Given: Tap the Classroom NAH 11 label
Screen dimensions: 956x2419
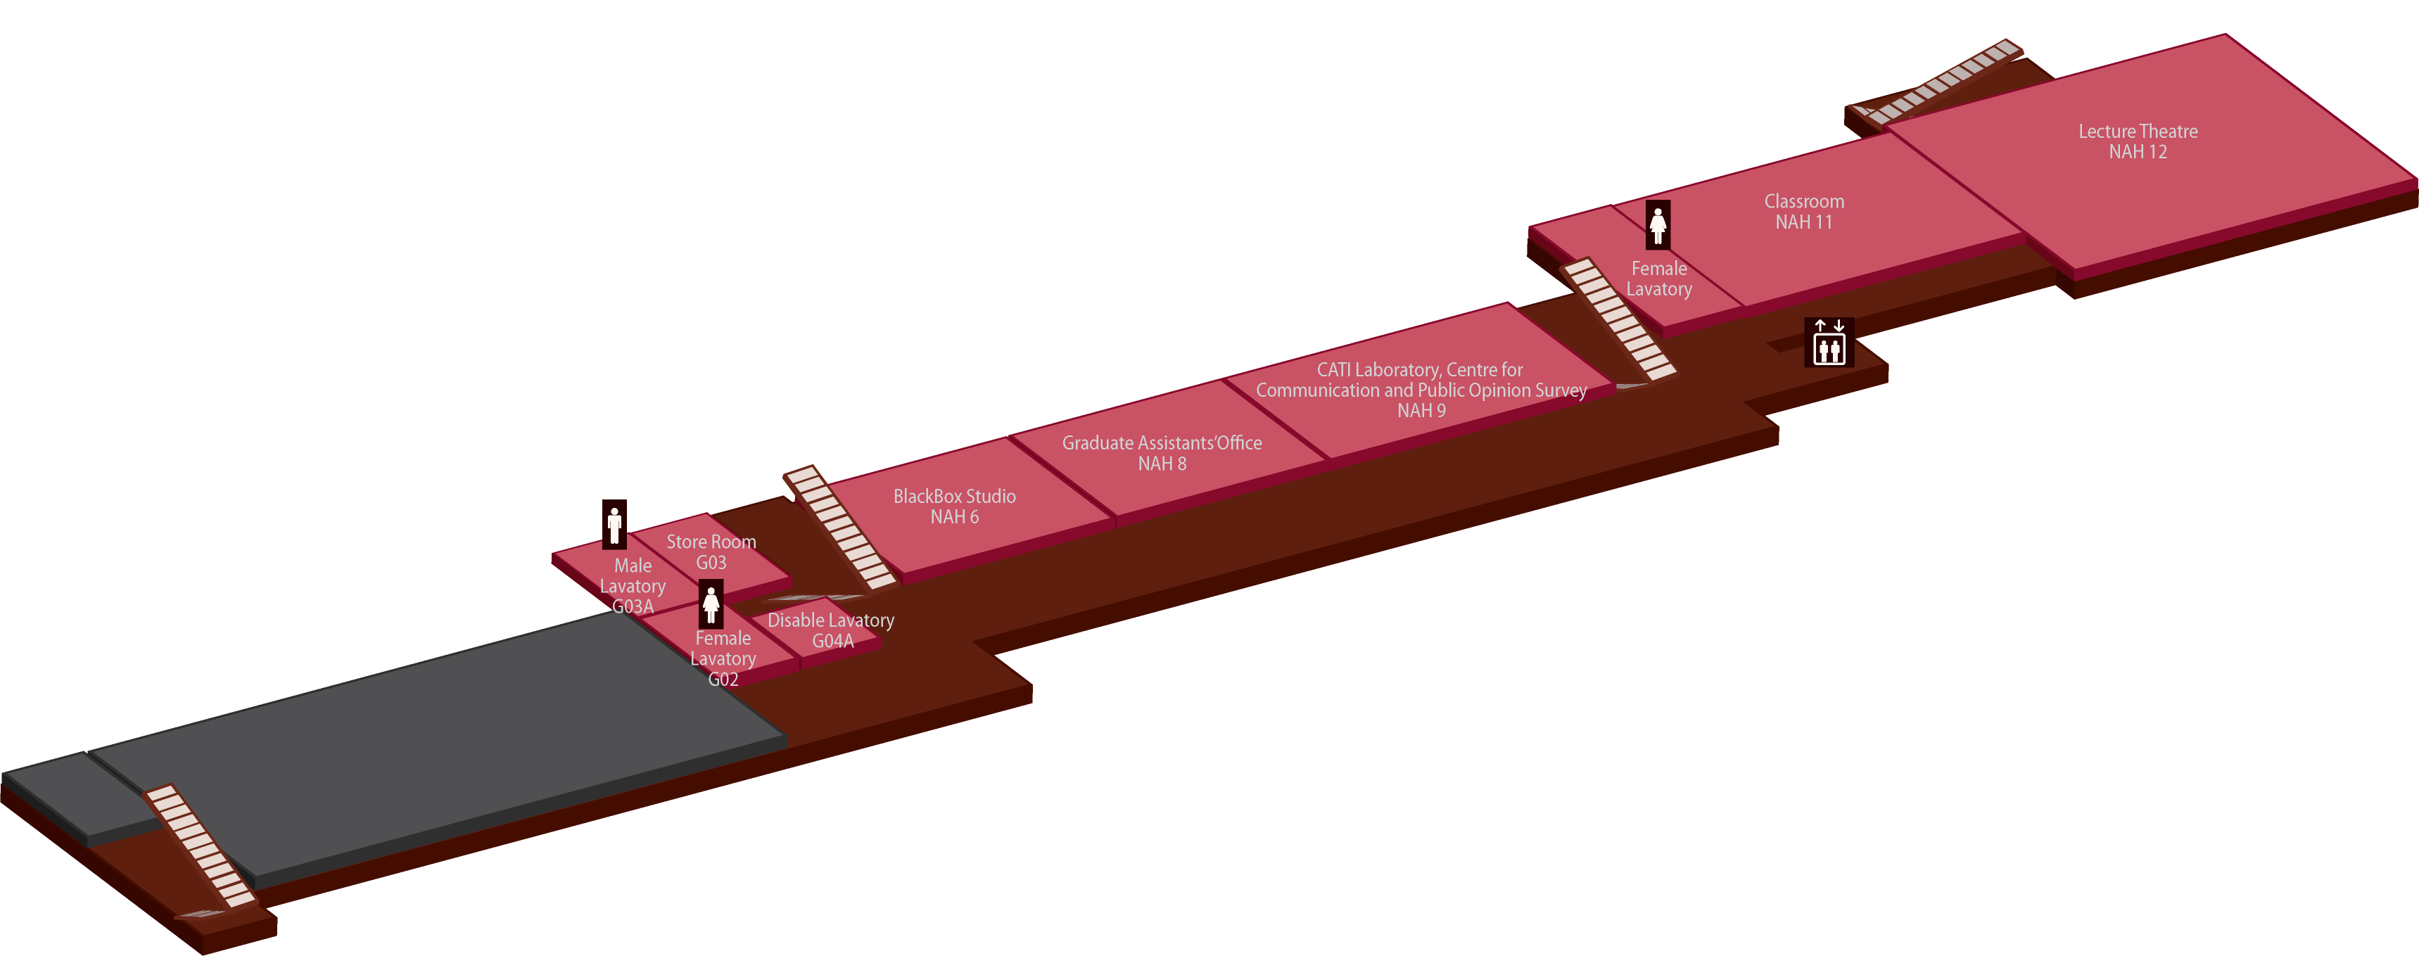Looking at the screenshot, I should (1803, 211).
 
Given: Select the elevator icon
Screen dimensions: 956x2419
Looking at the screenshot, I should (1829, 343).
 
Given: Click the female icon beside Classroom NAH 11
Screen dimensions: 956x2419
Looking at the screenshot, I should (1658, 225).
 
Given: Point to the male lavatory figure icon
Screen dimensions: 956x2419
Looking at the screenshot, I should (614, 524).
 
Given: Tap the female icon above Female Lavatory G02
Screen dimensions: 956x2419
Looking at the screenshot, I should (711, 604).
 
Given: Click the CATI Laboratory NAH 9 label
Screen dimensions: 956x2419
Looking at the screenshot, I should (1421, 390).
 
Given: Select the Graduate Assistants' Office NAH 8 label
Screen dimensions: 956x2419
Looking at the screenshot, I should (1162, 452).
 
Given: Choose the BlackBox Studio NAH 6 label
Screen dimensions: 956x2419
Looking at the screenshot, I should (954, 506).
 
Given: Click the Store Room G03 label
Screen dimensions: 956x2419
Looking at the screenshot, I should (711, 552).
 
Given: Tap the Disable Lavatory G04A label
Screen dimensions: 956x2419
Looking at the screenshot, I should (831, 630).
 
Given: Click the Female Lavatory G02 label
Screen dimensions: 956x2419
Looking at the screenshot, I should (723, 658).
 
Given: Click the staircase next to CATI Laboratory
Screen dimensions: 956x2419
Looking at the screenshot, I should (1618, 319).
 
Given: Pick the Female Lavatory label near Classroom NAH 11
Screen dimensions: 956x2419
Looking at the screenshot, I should (1658, 279).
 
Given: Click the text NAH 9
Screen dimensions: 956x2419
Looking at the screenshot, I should (1421, 410).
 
